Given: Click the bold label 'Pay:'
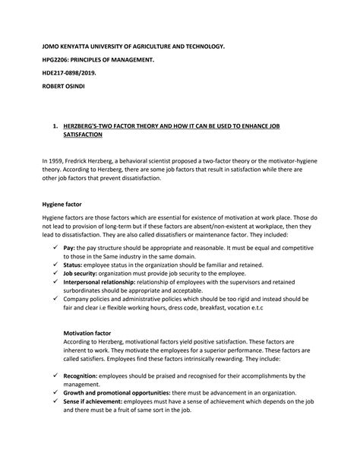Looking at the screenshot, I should point(69,248).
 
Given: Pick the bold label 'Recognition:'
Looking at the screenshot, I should point(81,376).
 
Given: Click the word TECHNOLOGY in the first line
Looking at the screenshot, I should point(201,46).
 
